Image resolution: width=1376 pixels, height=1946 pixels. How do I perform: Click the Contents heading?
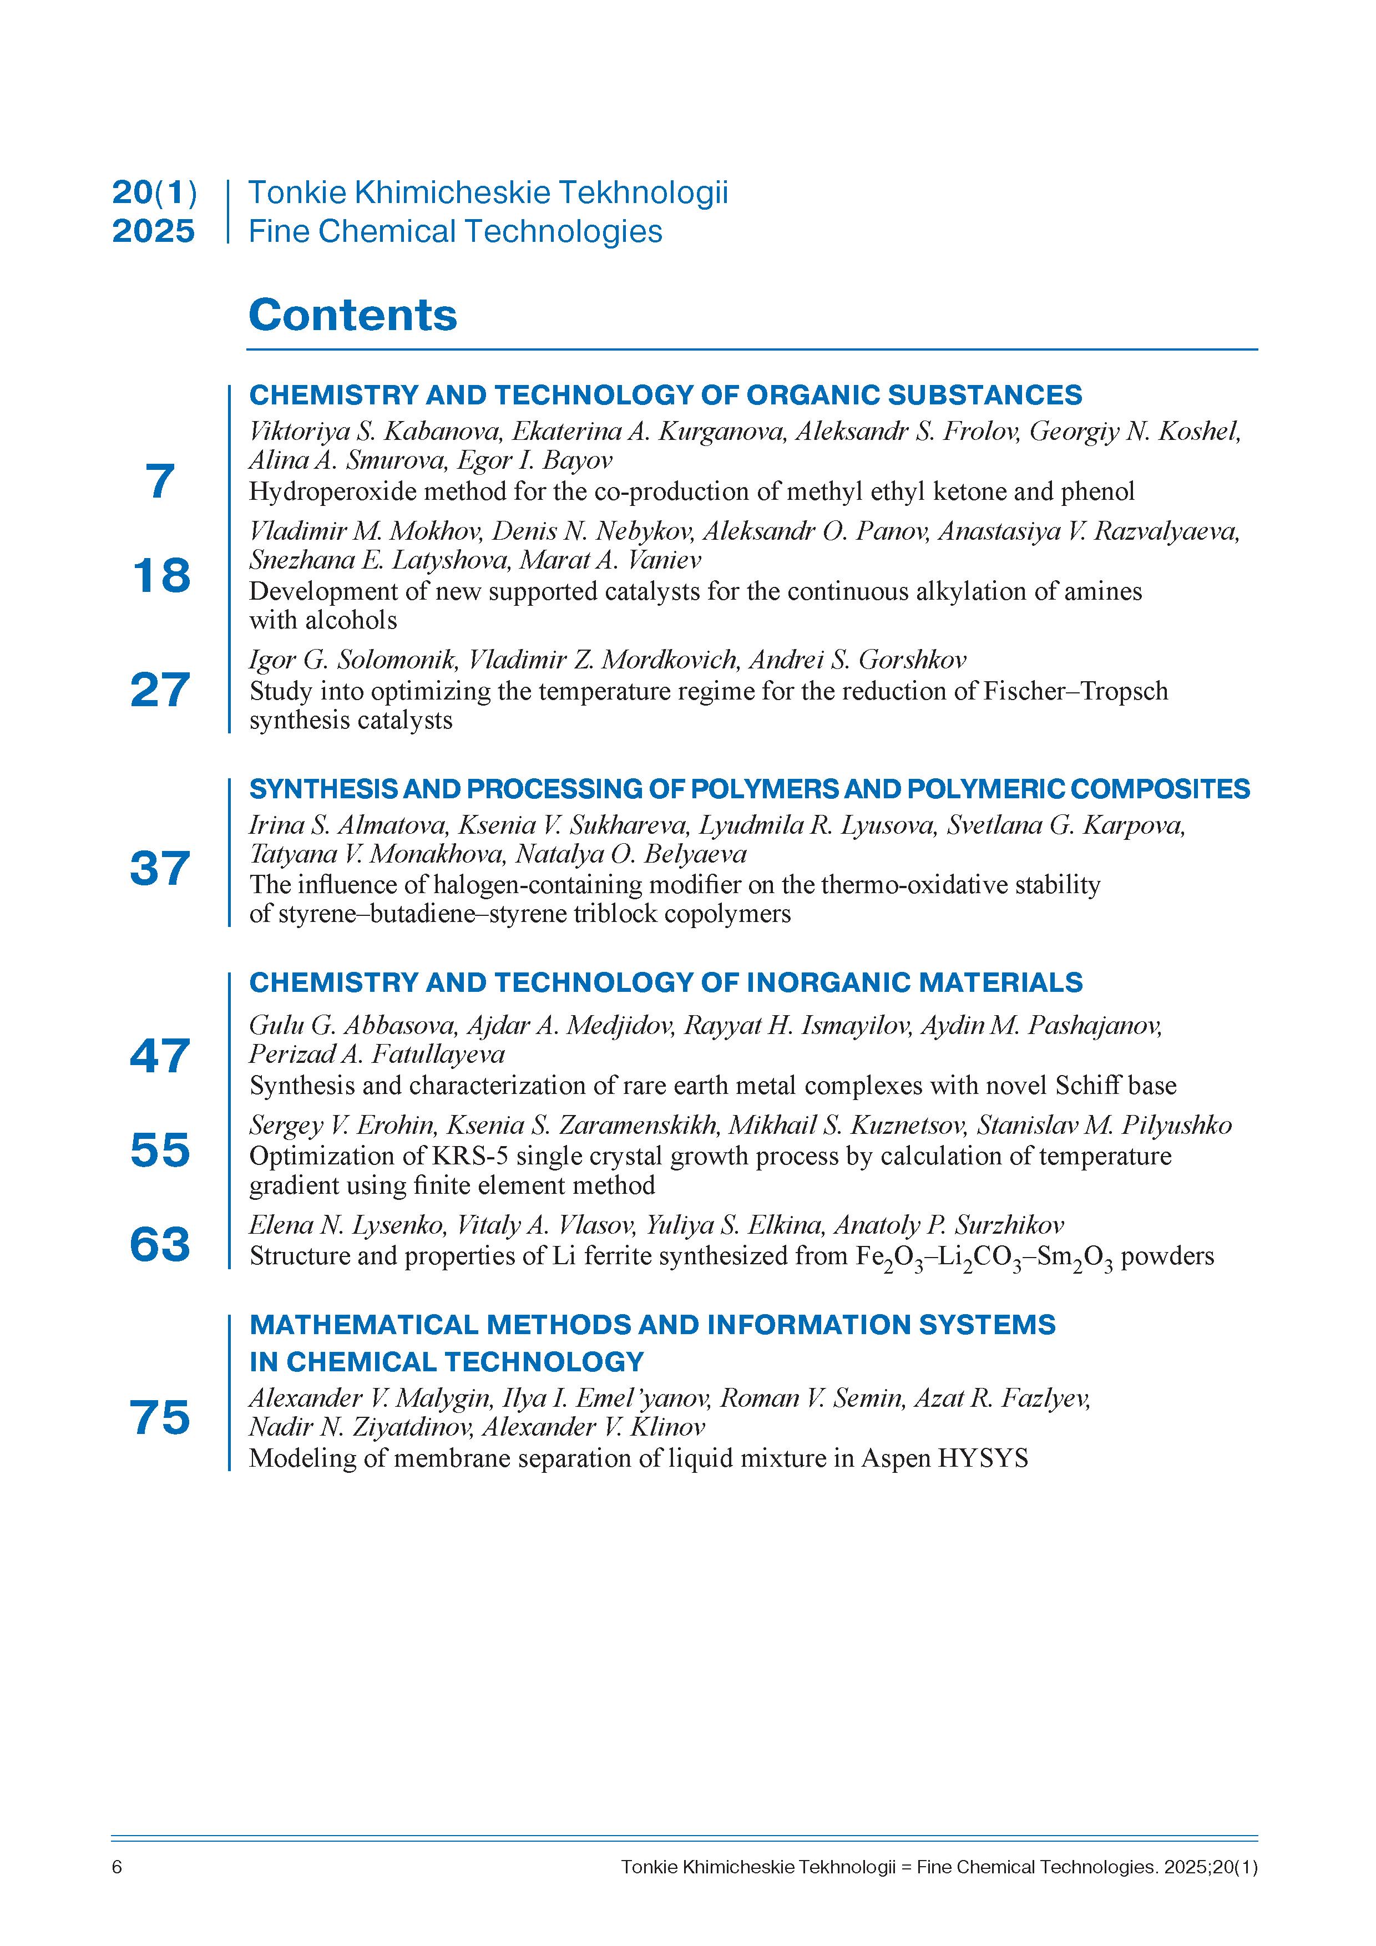(353, 315)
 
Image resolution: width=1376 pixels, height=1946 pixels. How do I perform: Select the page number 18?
(161, 576)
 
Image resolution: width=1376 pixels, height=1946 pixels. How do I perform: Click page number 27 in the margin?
(160, 690)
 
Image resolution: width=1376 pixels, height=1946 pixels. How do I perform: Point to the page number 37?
(160, 869)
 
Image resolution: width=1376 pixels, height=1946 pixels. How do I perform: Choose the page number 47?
(160, 1056)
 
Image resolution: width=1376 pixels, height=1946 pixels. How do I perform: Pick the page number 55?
(160, 1150)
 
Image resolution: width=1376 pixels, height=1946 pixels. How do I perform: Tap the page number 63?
(160, 1244)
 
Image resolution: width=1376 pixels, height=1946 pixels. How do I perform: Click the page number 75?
(160, 1417)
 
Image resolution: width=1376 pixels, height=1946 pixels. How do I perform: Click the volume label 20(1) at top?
(154, 193)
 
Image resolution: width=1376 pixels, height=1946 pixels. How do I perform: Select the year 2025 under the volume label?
(154, 231)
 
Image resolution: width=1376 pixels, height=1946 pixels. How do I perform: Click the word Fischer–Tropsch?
(1075, 692)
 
